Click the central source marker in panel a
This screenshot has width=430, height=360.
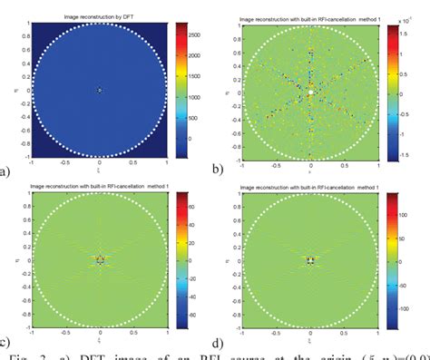point(99,90)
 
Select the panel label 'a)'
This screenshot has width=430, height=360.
point(5,169)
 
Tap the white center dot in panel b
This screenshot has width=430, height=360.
point(310,92)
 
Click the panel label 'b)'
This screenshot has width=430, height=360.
point(218,169)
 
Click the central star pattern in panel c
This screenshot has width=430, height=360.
point(99,259)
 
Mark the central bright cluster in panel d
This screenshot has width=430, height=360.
point(309,260)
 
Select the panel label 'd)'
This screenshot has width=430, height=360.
point(218,342)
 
